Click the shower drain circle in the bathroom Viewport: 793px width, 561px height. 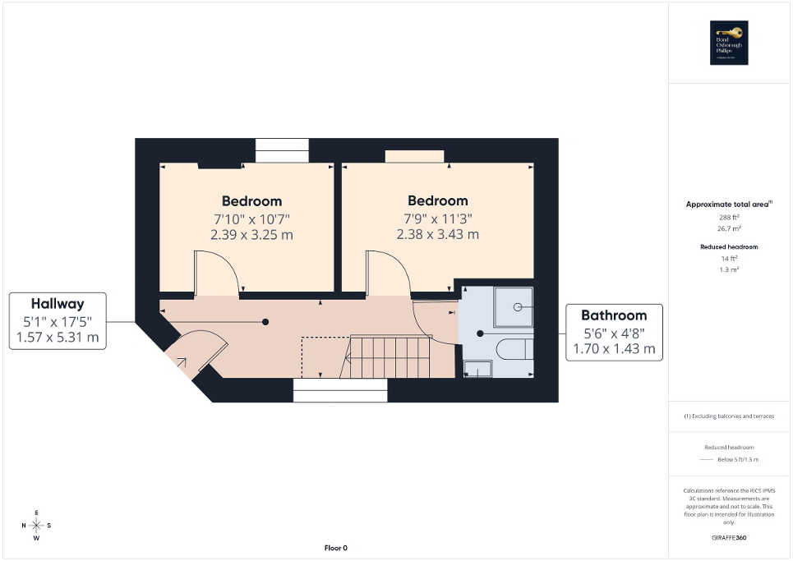pos(518,306)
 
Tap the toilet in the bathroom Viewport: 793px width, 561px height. pos(514,347)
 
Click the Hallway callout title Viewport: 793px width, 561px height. pos(58,303)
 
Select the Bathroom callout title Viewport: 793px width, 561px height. pos(614,315)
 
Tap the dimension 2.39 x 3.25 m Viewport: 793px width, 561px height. pos(251,234)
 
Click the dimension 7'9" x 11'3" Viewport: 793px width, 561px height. pos(437,218)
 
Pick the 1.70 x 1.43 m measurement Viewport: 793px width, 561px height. pos(614,349)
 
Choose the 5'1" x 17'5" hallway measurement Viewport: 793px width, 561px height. pos(58,321)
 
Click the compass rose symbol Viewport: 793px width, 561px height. pos(36,525)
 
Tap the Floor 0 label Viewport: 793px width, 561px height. pos(334,548)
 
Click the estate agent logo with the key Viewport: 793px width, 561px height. pos(726,42)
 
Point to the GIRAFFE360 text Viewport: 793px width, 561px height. pos(729,538)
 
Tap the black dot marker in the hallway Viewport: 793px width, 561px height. pos(265,322)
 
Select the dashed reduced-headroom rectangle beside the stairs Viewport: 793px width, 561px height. pos(321,357)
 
